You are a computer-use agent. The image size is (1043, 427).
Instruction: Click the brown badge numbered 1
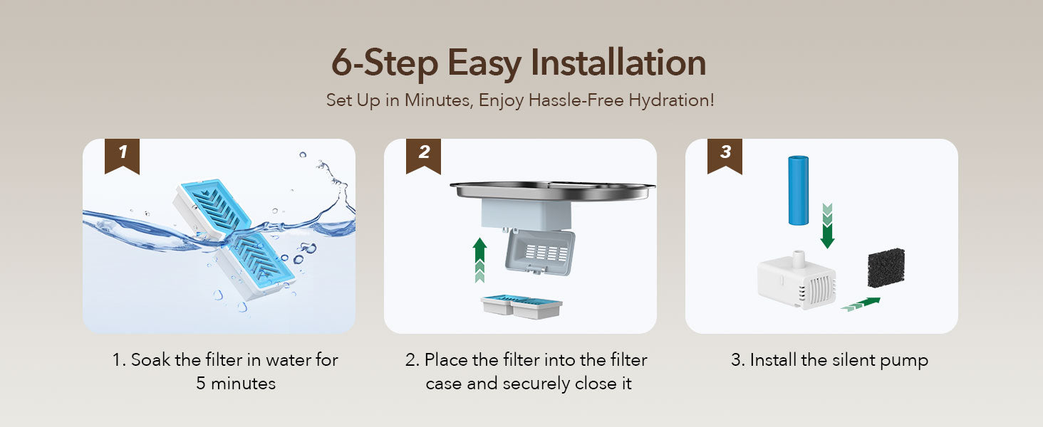[x=122, y=156]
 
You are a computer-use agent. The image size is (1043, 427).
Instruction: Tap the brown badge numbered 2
[x=423, y=156]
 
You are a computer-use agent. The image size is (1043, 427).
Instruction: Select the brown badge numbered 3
[x=725, y=156]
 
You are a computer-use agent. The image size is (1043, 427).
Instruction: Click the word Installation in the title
[x=618, y=63]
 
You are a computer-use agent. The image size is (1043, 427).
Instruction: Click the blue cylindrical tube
[x=798, y=190]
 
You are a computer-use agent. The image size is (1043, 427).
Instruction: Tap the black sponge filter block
[x=886, y=268]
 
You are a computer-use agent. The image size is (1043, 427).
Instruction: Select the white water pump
[x=796, y=280]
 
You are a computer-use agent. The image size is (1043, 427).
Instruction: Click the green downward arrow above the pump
[x=827, y=226]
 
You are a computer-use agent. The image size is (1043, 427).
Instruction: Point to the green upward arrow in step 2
[x=479, y=260]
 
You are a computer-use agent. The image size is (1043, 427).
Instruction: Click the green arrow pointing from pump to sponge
[x=861, y=304]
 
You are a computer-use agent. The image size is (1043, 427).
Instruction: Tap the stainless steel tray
[x=553, y=191]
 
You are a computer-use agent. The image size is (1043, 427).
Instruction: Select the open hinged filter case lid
[x=540, y=252]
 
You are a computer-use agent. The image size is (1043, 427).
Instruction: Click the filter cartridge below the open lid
[x=521, y=307]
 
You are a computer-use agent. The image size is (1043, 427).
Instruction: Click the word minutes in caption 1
[x=243, y=384]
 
